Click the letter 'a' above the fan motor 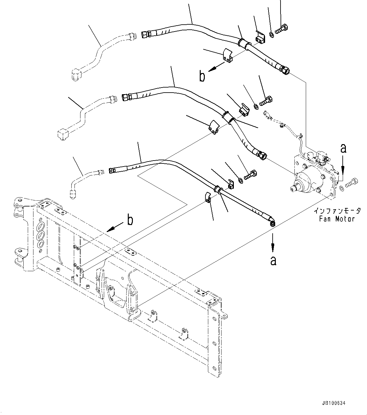pyautogui.click(x=343, y=148)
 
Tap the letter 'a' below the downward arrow pyautogui.click(x=273, y=260)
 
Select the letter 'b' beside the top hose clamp pyautogui.click(x=202, y=76)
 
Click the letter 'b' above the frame pyautogui.click(x=130, y=220)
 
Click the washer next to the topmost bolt pyautogui.click(x=271, y=34)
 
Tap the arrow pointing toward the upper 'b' pyautogui.click(x=218, y=66)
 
